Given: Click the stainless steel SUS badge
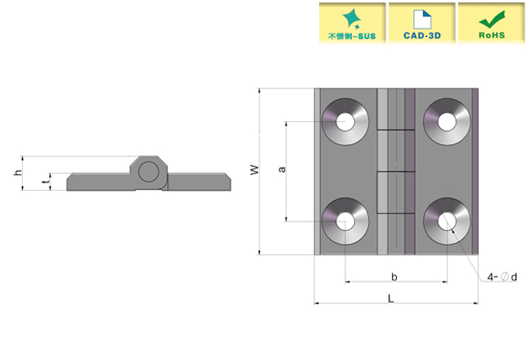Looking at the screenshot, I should (x=350, y=22).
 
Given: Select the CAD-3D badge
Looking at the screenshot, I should (x=421, y=22).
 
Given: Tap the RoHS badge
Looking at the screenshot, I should (x=490, y=22).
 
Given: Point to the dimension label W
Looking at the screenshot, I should (x=254, y=170).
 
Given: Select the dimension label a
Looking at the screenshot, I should (x=282, y=169).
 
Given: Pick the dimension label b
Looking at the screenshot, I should (x=394, y=277).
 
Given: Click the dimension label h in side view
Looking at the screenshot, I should (x=17, y=173).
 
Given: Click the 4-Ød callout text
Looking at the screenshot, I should (x=502, y=277).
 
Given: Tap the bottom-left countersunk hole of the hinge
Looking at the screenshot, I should (x=345, y=221).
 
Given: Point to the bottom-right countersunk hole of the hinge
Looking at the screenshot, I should (x=447, y=221).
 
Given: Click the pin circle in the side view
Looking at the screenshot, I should (x=149, y=172).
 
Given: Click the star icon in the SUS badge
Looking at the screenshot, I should (x=350, y=16).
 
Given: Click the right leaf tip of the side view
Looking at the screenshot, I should (x=227, y=182).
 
